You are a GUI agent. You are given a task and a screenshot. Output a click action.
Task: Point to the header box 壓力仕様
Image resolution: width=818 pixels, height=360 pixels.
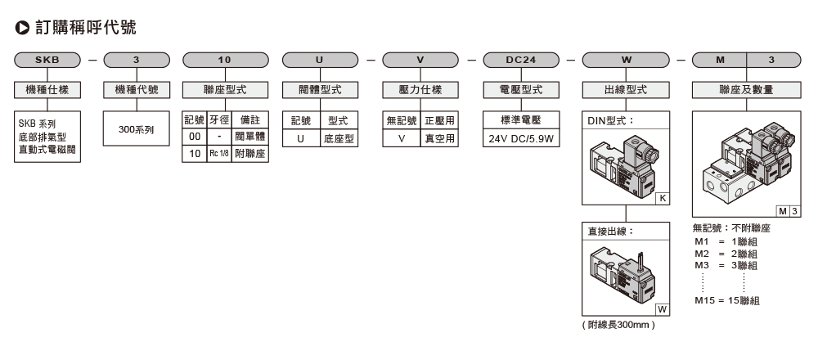[x=422, y=89]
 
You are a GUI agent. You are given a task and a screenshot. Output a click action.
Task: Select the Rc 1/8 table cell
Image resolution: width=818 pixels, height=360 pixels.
[x=218, y=152]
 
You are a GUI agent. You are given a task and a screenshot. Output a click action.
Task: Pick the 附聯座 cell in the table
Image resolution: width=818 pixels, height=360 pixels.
[x=249, y=152]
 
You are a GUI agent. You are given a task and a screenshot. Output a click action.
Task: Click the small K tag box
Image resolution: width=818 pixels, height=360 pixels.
[x=661, y=198]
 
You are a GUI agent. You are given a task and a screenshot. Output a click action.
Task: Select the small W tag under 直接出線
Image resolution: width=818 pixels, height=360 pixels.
[x=661, y=308]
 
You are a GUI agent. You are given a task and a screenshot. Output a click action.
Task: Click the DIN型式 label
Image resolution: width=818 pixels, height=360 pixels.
[x=610, y=120]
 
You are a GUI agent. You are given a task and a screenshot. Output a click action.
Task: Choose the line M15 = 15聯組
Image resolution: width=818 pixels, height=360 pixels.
[x=726, y=300]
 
